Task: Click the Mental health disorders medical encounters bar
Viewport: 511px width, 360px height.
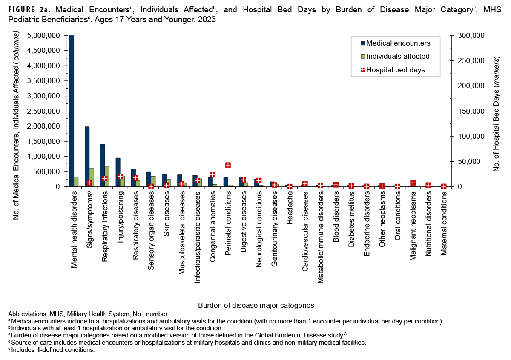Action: (72, 111)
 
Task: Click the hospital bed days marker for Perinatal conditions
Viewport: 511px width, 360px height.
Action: (228, 165)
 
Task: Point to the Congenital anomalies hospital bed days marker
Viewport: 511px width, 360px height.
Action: (212, 175)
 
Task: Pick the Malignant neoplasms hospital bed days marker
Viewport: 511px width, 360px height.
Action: (413, 183)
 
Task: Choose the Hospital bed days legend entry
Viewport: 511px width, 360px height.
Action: (395, 70)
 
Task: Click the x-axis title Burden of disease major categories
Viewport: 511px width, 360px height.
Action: (256, 305)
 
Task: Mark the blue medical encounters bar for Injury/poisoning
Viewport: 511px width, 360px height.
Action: (118, 172)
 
